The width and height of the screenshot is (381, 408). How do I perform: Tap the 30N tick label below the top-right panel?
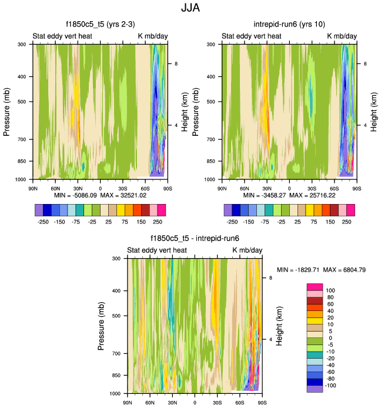tap(266, 189)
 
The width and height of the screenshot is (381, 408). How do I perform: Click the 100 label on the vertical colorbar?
tap(330, 290)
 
